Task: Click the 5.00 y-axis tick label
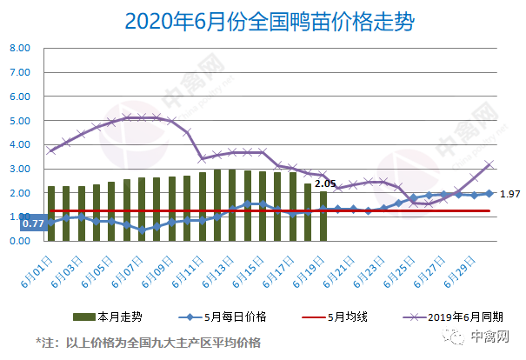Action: tap(20, 121)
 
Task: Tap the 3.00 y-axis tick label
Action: tap(20, 169)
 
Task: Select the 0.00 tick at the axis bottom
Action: tap(20, 241)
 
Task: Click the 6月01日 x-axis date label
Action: tap(39, 262)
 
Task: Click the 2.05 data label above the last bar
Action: tap(325, 183)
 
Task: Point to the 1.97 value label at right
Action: tap(510, 194)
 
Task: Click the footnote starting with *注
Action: tap(148, 342)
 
